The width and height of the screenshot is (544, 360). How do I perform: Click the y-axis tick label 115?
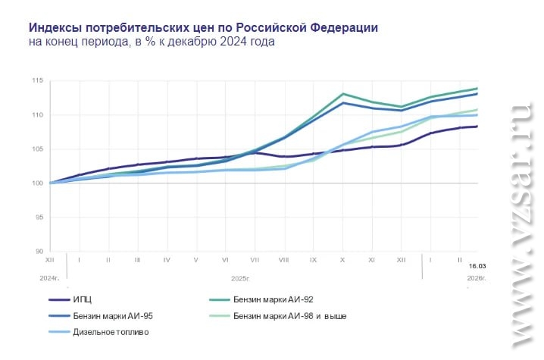pos(38,80)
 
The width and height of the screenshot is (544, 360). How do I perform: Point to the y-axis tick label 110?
pos(38,114)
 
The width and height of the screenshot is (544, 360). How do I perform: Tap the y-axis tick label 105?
pos(38,149)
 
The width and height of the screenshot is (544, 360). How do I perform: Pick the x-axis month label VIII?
pos(283,260)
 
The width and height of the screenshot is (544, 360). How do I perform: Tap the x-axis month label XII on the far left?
pos(50,260)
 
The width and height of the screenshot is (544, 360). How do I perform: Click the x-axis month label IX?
pos(313,260)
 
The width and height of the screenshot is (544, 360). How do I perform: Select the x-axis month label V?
pos(195,260)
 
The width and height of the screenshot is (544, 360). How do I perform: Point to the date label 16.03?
pos(477,267)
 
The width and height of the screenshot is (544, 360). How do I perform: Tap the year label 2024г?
pos(50,278)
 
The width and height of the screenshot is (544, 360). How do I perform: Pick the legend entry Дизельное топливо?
pos(112,332)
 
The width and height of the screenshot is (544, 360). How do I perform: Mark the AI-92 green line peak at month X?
pos(342,94)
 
